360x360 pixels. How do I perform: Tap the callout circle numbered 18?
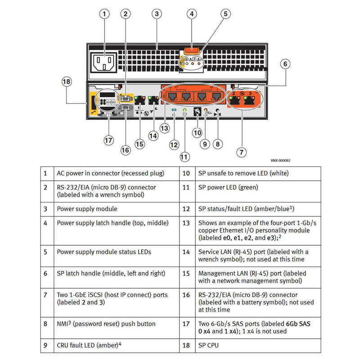[67, 81]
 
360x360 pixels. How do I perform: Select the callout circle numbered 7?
[242, 152]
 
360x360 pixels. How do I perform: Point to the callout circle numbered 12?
[174, 144]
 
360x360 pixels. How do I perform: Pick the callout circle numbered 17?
[108, 140]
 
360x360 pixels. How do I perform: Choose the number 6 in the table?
[45, 273]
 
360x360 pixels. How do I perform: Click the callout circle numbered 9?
[205, 144]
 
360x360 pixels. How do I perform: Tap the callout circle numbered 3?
[156, 14]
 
